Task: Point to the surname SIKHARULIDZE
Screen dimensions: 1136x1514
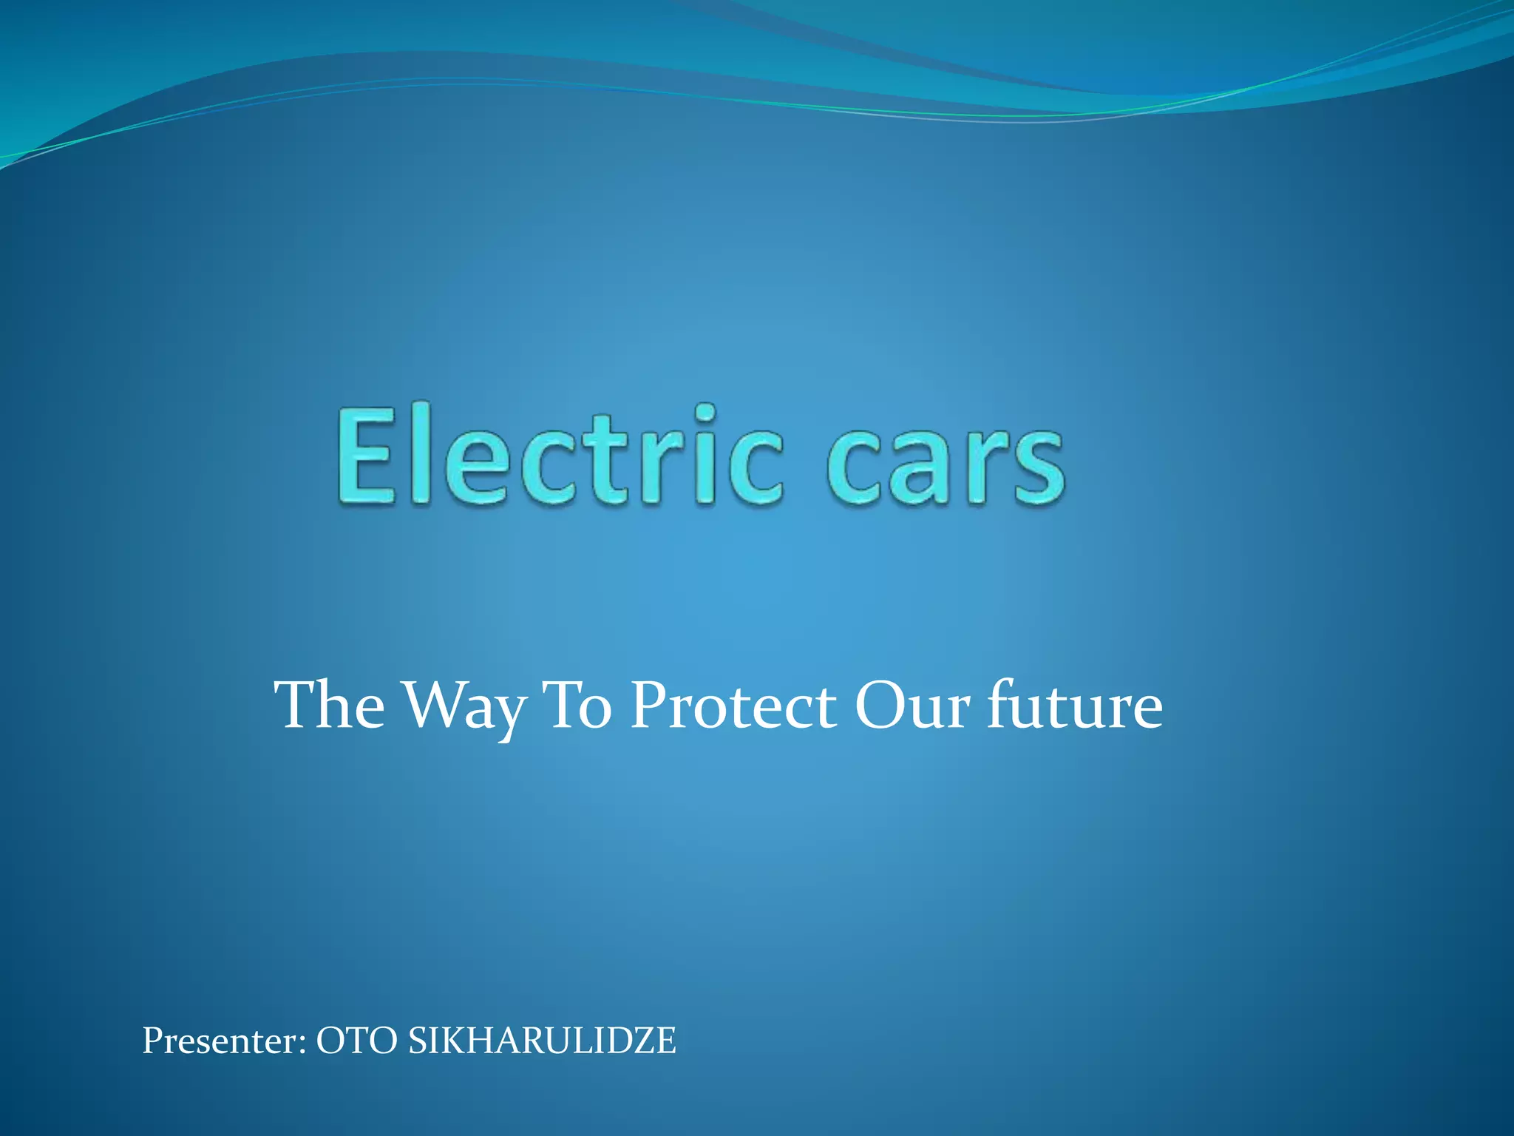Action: coord(542,1041)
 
